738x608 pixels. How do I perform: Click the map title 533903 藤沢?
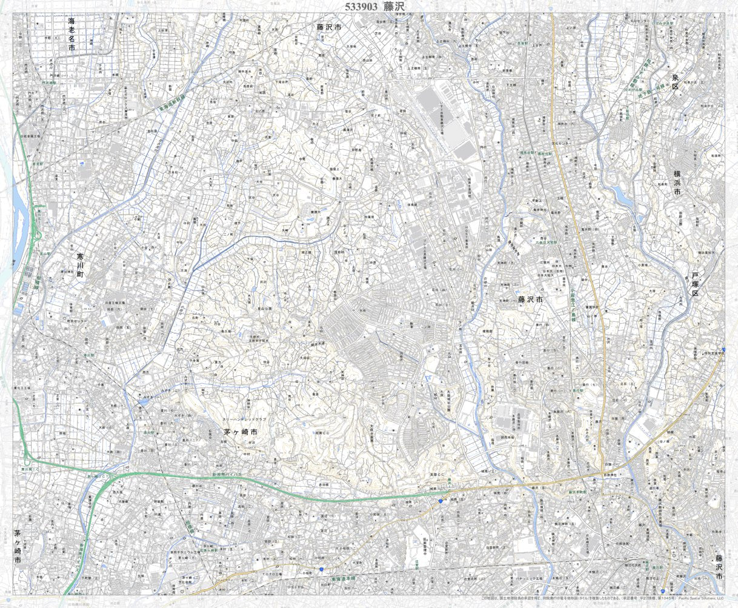pyautogui.click(x=373, y=7)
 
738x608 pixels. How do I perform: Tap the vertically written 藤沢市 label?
pyautogui.click(x=719, y=567)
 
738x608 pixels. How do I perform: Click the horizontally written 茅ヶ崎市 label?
pyautogui.click(x=241, y=432)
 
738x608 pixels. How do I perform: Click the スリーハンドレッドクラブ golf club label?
pyautogui.click(x=244, y=419)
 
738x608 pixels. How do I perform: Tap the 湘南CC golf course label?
pyautogui.click(x=321, y=433)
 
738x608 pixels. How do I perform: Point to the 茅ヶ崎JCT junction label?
pyautogui.click(x=97, y=477)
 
